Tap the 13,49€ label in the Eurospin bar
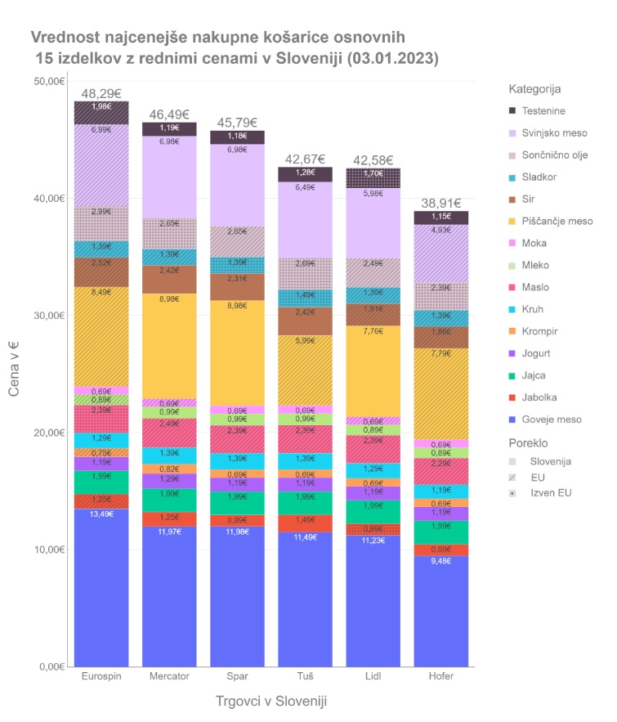pos(101,514)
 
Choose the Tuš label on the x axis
pos(306,677)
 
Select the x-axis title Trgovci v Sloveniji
pos(272,702)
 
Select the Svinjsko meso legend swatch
pos(513,132)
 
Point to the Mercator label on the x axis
pos(169,677)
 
